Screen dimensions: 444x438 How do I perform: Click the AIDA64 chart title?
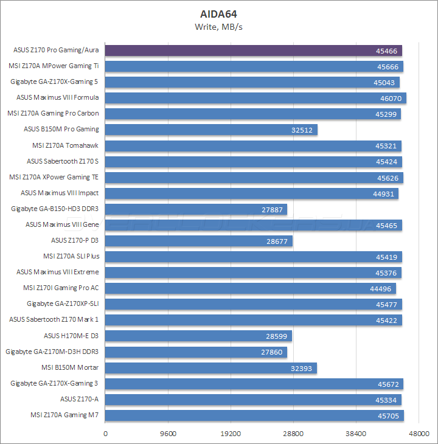pyautogui.click(x=219, y=13)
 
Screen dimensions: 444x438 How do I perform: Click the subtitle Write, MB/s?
pyautogui.click(x=219, y=26)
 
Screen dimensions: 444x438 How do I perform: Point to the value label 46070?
pyautogui.click(x=391, y=98)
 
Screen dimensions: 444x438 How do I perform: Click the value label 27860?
pyautogui.click(x=273, y=352)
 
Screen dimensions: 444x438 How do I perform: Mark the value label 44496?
pyautogui.click(x=382, y=288)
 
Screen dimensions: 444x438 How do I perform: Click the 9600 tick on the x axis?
pyautogui.click(x=169, y=434)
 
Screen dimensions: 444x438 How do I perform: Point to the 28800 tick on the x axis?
pyautogui.click(x=293, y=434)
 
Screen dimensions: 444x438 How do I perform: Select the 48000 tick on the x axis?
pyautogui.click(x=419, y=434)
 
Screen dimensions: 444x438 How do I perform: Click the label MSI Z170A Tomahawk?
pyautogui.click(x=65, y=145)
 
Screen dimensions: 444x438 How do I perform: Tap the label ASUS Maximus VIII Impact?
pyautogui.click(x=60, y=193)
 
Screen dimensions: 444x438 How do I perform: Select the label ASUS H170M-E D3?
pyautogui.click(x=71, y=336)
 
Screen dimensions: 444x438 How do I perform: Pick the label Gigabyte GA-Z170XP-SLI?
pyautogui.click(x=63, y=304)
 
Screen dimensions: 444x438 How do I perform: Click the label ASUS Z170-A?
pyautogui.click(x=79, y=399)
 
